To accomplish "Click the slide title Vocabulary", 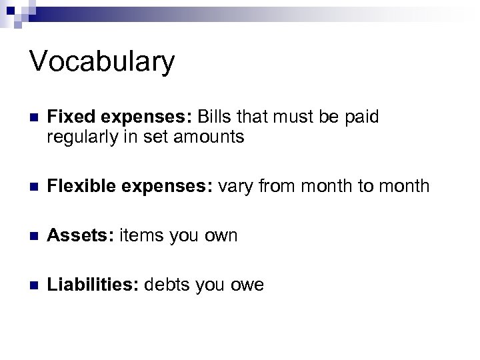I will [102, 62].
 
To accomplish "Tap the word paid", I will [360, 117].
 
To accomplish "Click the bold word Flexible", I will [79, 186].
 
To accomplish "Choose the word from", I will [271, 186].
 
